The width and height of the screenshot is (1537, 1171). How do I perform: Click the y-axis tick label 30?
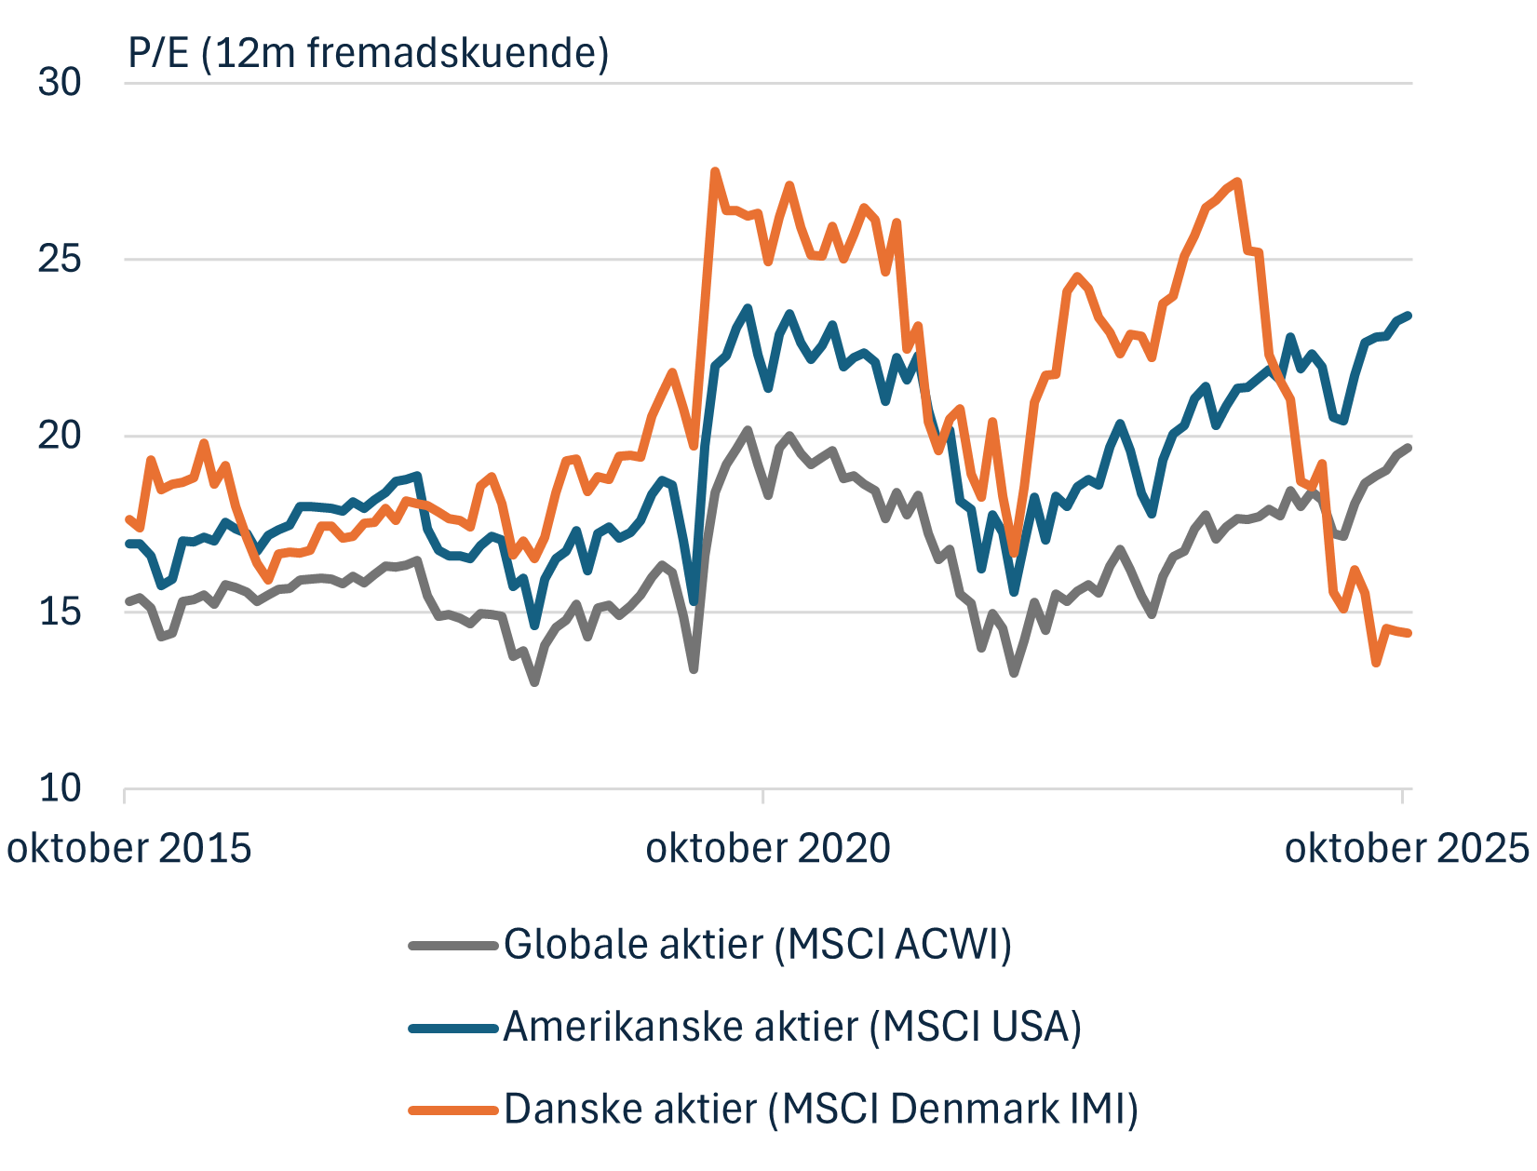click(x=60, y=82)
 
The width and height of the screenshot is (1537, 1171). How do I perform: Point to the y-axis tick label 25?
click(x=60, y=259)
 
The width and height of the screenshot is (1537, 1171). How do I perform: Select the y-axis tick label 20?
click(x=60, y=435)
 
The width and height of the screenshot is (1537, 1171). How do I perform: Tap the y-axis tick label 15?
click(x=60, y=612)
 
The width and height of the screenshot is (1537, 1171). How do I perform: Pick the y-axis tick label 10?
click(x=60, y=787)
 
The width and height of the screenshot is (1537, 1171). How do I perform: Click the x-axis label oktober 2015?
click(x=129, y=848)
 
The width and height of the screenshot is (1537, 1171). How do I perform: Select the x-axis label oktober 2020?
click(x=768, y=848)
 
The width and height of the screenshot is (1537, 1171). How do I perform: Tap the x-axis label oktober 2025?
click(x=1407, y=848)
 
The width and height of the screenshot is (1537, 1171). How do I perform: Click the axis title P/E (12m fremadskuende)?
click(x=369, y=52)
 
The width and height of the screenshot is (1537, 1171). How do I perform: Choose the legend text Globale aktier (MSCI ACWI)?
click(x=757, y=944)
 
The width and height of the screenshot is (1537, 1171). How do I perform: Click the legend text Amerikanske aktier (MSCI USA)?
click(x=792, y=1027)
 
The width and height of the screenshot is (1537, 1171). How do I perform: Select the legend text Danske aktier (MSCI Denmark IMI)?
click(x=820, y=1109)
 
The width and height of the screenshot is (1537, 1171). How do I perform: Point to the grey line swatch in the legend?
click(x=453, y=946)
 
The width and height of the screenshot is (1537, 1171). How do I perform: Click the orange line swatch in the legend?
click(x=453, y=1110)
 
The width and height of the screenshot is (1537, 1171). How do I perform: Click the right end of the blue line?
click(x=1409, y=316)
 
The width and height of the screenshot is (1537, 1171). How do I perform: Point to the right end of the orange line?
click(x=1409, y=633)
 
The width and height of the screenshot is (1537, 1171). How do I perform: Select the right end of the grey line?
click(x=1409, y=448)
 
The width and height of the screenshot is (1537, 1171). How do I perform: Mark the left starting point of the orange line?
click(x=128, y=518)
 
